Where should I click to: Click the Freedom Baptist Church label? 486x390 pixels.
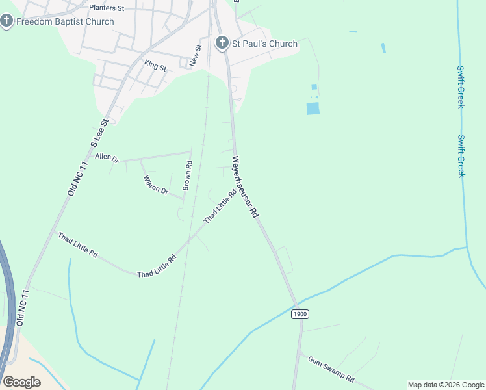pos(65,21)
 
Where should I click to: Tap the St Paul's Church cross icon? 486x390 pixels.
pos(222,44)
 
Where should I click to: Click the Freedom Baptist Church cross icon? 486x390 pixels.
pos(6,21)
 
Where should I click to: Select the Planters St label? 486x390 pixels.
pos(107,8)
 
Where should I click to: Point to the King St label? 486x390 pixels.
pos(156,65)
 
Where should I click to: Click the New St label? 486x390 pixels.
pos(195,55)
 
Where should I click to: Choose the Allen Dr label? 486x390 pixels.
pos(107,157)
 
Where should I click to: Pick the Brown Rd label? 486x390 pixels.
pos(187,175)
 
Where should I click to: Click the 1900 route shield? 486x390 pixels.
pos(300,314)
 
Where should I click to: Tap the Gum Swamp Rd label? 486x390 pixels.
pos(331,369)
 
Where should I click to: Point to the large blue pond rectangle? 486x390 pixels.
pos(313,109)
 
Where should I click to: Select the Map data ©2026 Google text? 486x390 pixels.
pos(446,385)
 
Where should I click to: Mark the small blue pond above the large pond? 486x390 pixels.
pos(314,86)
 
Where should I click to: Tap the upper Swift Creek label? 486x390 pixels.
pos(460,86)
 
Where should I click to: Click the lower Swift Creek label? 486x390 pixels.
pos(461,156)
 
